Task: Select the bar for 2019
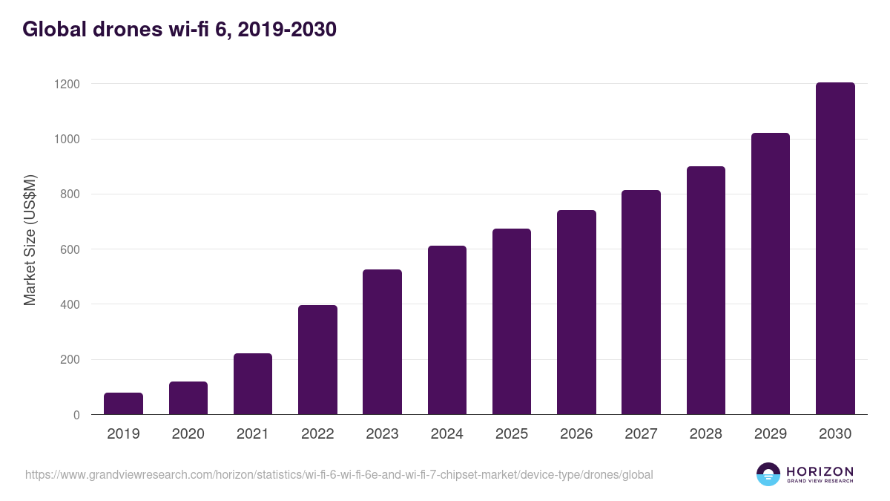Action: [123, 404]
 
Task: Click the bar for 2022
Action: [317, 360]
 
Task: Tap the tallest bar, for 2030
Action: [835, 249]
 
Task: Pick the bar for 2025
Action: [512, 321]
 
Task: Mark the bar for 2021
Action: [253, 384]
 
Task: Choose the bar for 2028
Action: [706, 290]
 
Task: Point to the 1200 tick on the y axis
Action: [66, 84]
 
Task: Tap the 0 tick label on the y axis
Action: [76, 415]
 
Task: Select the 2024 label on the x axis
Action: [447, 434]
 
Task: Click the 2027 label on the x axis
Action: [641, 434]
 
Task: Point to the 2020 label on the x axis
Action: [188, 434]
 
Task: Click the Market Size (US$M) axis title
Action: [30, 240]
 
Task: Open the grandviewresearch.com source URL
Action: [339, 474]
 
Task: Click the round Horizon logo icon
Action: [768, 474]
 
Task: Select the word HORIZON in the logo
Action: [820, 471]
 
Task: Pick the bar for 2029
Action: [771, 274]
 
